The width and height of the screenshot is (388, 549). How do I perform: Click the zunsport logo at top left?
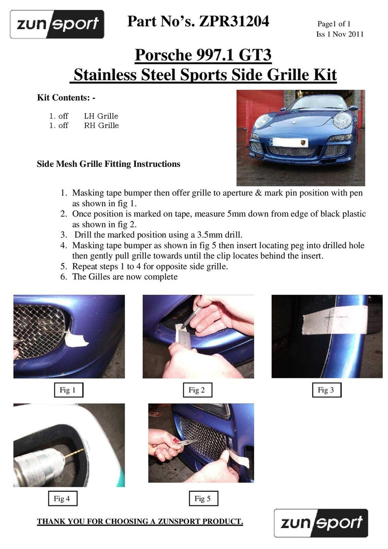[x=57, y=24]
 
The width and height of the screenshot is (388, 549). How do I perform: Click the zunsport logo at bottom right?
[x=321, y=523]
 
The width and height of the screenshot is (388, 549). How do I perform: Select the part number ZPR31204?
[x=234, y=21]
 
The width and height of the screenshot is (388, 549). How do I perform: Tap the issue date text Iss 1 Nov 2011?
[x=339, y=34]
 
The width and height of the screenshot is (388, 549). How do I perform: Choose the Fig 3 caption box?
[x=326, y=390]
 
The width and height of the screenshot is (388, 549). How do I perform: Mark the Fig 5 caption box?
[x=203, y=498]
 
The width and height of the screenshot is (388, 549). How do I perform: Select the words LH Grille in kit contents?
[x=101, y=116]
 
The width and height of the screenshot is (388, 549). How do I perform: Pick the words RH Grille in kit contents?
[x=101, y=125]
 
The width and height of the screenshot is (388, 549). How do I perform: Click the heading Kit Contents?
[x=66, y=97]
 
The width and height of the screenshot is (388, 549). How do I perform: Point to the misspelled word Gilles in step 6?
[x=99, y=277]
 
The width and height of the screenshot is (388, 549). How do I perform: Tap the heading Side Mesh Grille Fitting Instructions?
[x=109, y=164]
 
